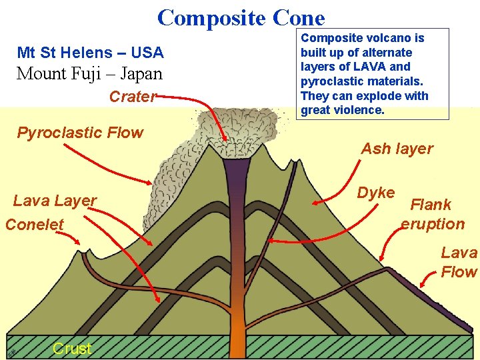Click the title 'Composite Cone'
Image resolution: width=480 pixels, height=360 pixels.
241,17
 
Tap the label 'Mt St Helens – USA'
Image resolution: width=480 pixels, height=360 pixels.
90,52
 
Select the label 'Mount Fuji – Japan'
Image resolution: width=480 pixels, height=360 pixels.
89,73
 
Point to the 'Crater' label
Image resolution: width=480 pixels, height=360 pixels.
133,97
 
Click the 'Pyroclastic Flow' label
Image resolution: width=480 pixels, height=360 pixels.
80,133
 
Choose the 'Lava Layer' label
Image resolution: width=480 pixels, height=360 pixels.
55,200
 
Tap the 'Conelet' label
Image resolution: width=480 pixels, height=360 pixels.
35,224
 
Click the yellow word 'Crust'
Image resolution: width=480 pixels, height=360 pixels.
71,348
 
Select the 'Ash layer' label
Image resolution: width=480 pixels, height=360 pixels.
397,149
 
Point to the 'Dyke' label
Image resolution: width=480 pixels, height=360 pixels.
376,193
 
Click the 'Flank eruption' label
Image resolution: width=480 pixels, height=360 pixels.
432,214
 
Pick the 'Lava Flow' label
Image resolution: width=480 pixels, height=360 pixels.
459,262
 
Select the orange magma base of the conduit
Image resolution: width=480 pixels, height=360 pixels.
239,327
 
